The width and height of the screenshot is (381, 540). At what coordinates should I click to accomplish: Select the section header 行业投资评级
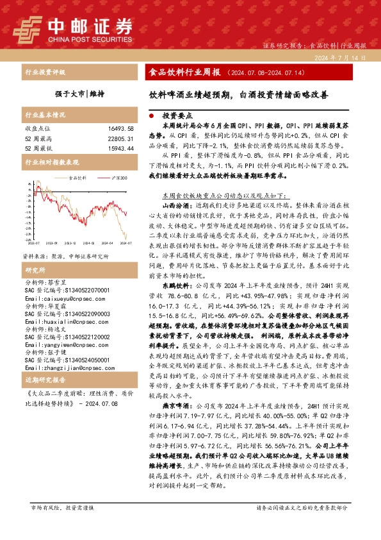tap(45, 72)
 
